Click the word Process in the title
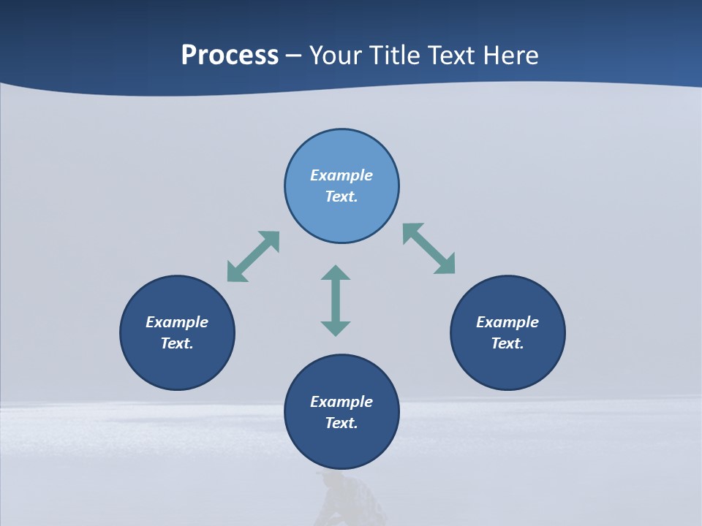230,56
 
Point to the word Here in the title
510,56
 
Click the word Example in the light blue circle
341,175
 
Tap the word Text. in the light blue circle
341,197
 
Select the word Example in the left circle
177,322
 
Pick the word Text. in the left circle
177,343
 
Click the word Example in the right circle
507,322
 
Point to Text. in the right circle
507,343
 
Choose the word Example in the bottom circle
341,402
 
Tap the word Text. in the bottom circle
341,423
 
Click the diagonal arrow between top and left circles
253,256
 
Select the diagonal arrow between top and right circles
429,249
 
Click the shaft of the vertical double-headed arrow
336,300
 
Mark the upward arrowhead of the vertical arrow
336,273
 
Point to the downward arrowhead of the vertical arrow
336,328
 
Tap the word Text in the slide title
452,56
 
